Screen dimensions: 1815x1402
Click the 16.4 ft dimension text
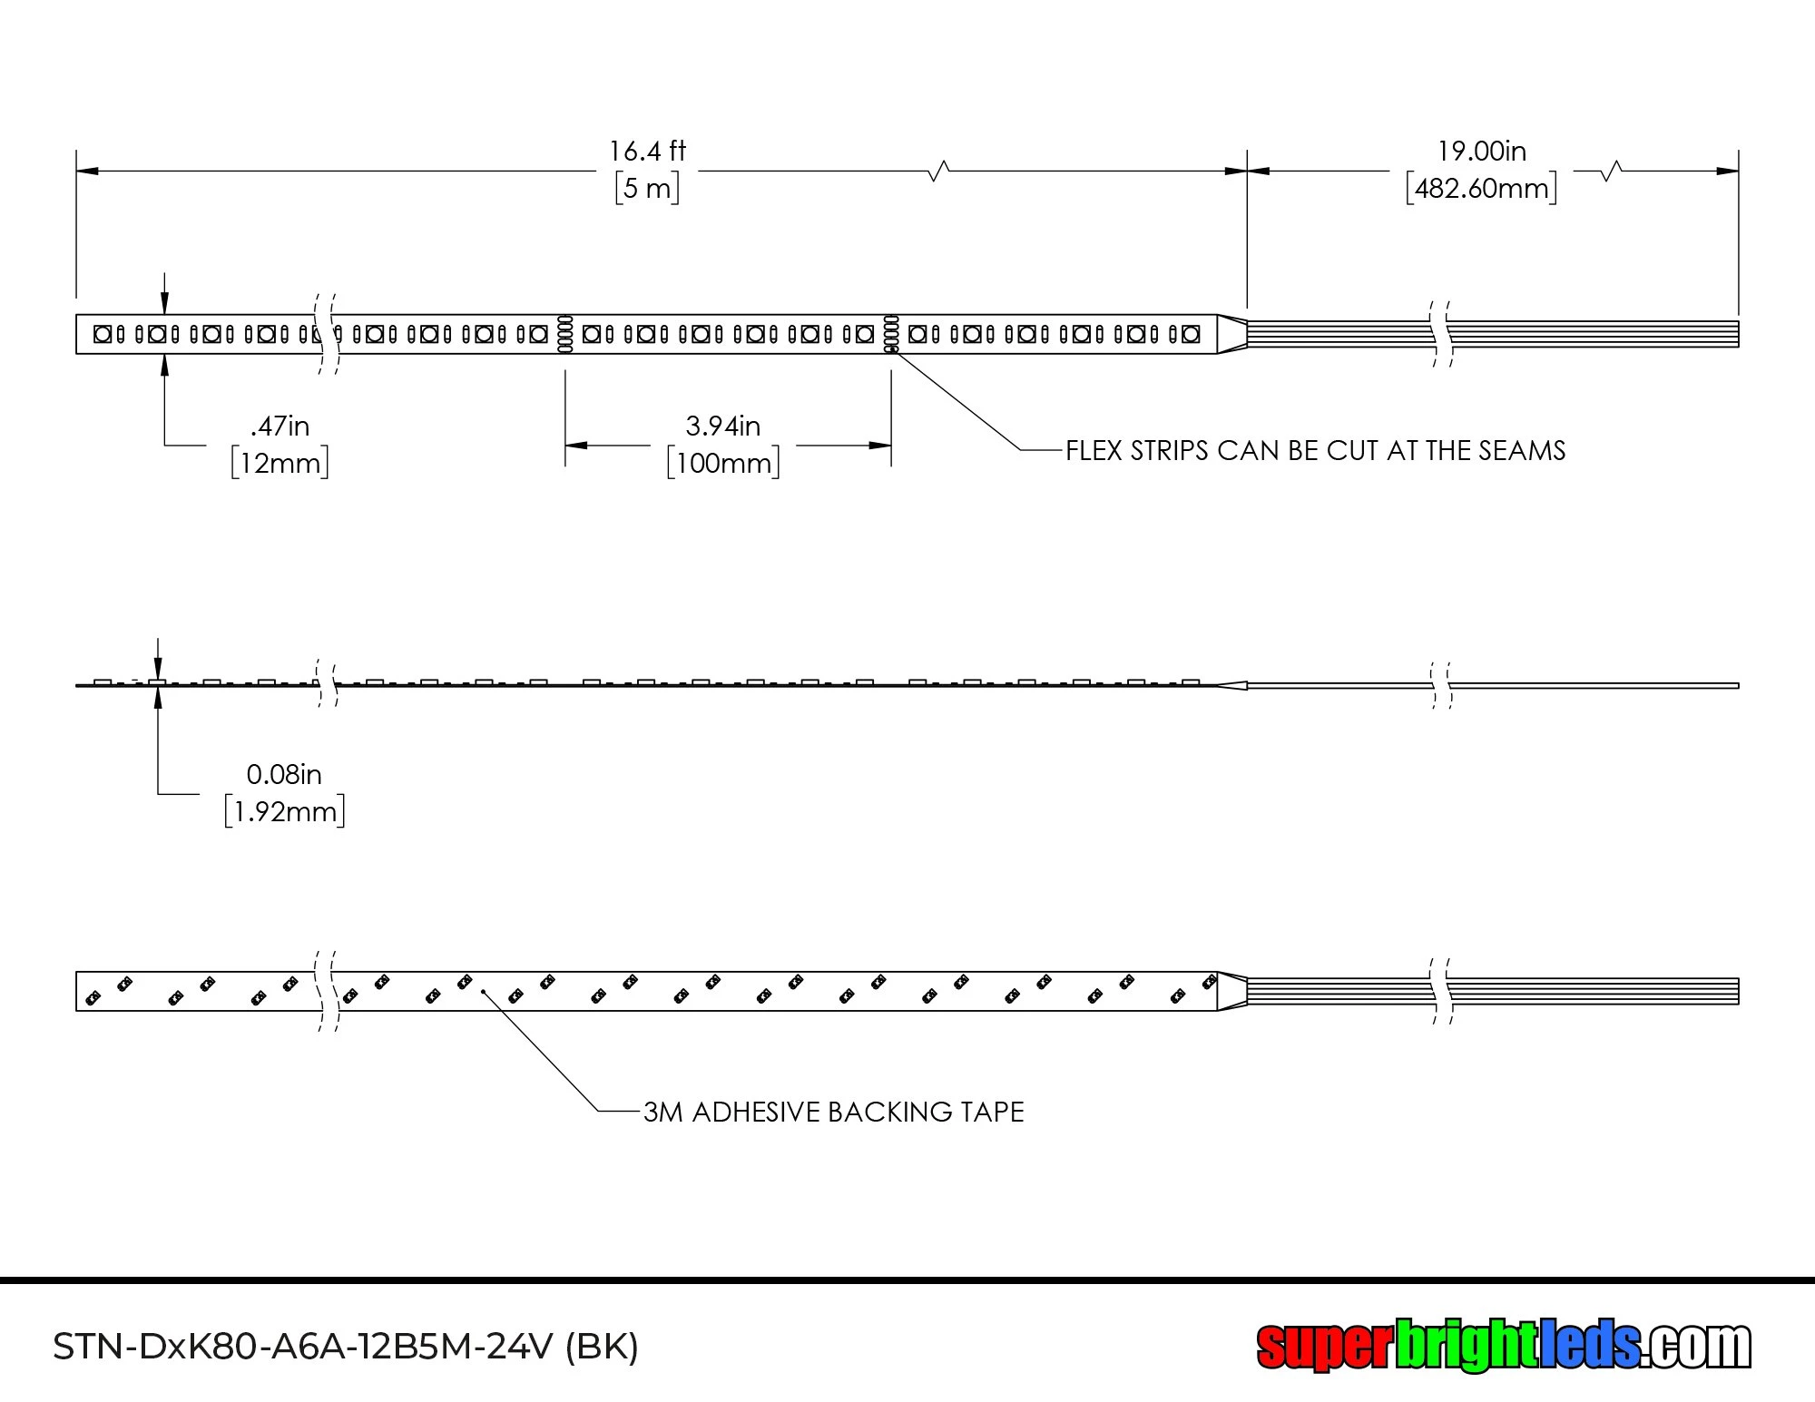pyautogui.click(x=647, y=151)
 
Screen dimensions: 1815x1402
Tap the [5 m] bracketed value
pyautogui.click(x=647, y=188)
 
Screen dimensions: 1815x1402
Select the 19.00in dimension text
pyautogui.click(x=1482, y=151)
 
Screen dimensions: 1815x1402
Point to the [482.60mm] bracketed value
pyautogui.click(x=1482, y=188)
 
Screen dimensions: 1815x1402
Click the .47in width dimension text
pyautogui.click(x=280, y=426)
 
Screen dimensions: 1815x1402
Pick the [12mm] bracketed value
pyautogui.click(x=280, y=463)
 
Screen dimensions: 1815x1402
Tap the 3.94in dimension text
pyautogui.click(x=723, y=426)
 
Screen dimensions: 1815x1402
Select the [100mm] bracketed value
pyautogui.click(x=723, y=463)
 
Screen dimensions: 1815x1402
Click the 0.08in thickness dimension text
pyautogui.click(x=284, y=774)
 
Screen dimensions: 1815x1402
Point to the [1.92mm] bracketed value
pyautogui.click(x=285, y=811)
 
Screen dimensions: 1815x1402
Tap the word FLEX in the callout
pyautogui.click(x=1094, y=451)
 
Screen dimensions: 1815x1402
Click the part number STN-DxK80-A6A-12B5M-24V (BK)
pyautogui.click(x=346, y=1347)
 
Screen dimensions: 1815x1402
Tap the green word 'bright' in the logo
pyautogui.click(x=1463, y=1346)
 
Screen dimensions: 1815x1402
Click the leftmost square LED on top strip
pyautogui.click(x=103, y=334)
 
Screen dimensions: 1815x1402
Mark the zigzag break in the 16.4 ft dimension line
pyautogui.click(x=939, y=171)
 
